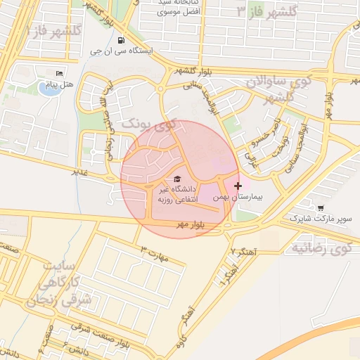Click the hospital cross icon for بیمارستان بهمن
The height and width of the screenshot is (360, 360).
pyautogui.click(x=238, y=186)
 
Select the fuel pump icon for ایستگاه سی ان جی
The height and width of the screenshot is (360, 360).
pyautogui.click(x=122, y=40)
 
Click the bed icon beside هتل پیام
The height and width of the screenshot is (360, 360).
pyautogui.click(x=59, y=73)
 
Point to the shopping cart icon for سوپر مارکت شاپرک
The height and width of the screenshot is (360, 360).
pyautogui.click(x=321, y=208)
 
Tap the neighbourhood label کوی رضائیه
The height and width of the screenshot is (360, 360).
pyautogui.click(x=321, y=247)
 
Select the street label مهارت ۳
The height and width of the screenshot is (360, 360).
pyautogui.click(x=155, y=252)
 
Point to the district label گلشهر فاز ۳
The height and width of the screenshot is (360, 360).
pyautogui.click(x=267, y=11)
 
